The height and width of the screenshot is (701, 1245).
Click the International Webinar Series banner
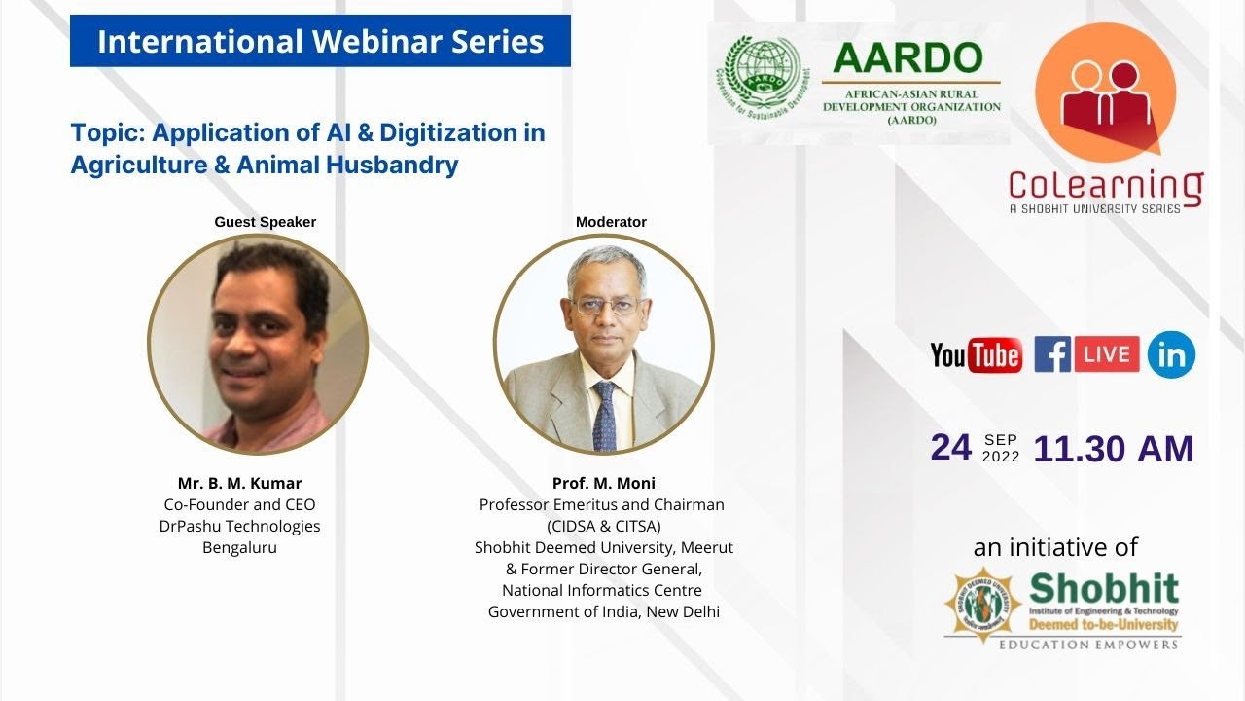pyautogui.click(x=320, y=42)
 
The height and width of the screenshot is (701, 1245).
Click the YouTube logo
pyautogui.click(x=976, y=355)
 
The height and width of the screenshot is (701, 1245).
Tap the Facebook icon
pyautogui.click(x=1052, y=354)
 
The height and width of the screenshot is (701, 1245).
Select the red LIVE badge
pyautogui.click(x=1107, y=354)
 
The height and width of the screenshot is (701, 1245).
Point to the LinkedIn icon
pyautogui.click(x=1171, y=355)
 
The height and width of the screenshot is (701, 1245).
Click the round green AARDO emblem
pyautogui.click(x=762, y=78)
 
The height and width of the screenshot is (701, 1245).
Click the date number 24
pyautogui.click(x=950, y=447)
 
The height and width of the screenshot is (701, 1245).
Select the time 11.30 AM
pyautogui.click(x=1113, y=449)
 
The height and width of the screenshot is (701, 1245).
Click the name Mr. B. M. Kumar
pyautogui.click(x=239, y=484)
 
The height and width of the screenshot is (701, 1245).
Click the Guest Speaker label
pyautogui.click(x=265, y=222)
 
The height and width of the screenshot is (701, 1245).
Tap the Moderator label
pyautogui.click(x=611, y=222)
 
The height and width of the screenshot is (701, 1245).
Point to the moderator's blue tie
pyautogui.click(x=604, y=414)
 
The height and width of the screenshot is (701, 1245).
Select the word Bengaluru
pyautogui.click(x=239, y=547)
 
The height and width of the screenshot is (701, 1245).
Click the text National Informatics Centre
pyautogui.click(x=602, y=590)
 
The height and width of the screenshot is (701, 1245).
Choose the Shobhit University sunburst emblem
pyautogui.click(x=982, y=603)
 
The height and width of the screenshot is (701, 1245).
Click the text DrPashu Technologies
pyautogui.click(x=239, y=526)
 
